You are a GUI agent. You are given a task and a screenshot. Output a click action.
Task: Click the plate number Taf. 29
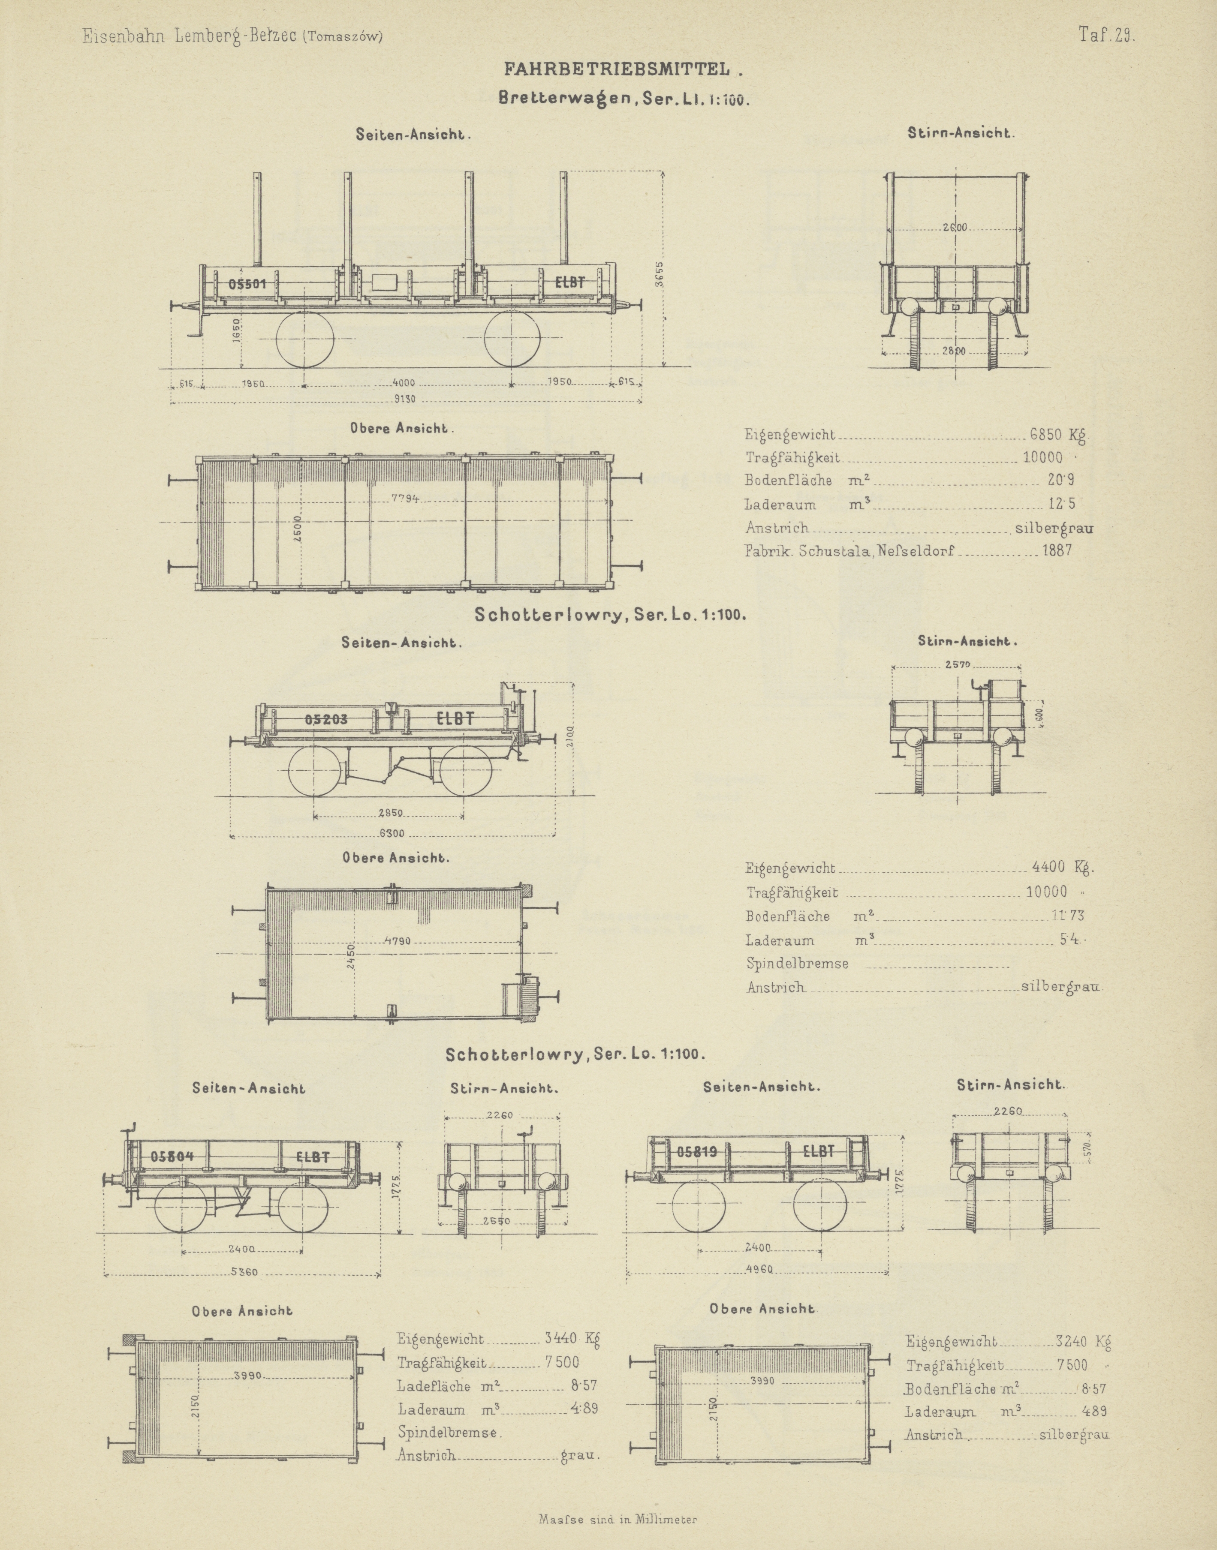1106,36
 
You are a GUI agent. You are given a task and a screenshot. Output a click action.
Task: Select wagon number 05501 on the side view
247,283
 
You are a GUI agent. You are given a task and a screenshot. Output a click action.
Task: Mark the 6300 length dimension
392,833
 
